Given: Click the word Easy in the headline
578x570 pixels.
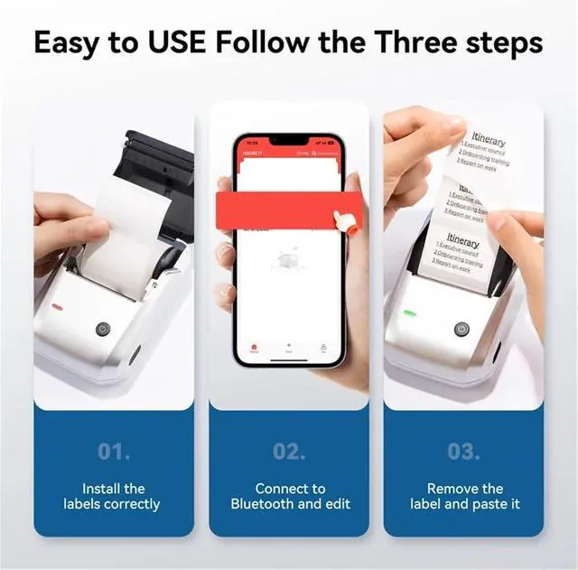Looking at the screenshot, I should click(71, 42).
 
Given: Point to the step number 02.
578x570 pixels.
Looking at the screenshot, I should click(290, 450).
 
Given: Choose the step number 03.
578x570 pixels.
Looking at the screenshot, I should click(464, 450).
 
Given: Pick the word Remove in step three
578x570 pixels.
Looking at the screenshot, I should click(452, 489).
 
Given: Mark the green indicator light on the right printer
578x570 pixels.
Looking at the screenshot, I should click(409, 313).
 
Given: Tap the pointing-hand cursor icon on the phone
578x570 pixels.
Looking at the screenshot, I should click(342, 220).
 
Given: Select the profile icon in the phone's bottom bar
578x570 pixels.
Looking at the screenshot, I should click(322, 346).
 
